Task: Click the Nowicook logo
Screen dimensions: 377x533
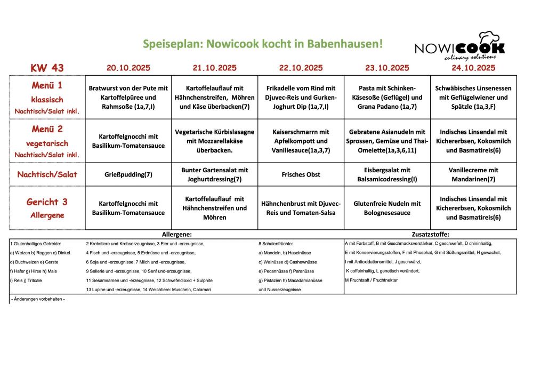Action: click(459, 45)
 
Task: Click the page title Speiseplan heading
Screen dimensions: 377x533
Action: click(262, 44)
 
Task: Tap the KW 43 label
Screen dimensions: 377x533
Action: click(47, 68)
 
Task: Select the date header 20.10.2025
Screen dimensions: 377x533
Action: click(128, 68)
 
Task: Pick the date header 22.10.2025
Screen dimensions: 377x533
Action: click(301, 68)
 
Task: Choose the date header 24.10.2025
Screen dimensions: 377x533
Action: click(473, 68)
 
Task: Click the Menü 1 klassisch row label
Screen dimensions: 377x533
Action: click(47, 98)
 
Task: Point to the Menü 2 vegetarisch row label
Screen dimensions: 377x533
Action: click(47, 141)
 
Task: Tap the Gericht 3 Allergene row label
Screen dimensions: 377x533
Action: click(47, 208)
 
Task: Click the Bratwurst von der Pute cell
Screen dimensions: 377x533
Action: click(128, 98)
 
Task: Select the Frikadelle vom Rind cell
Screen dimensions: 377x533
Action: click(301, 98)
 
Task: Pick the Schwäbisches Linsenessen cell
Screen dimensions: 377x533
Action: click(473, 98)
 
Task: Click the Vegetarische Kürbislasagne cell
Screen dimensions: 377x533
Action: click(215, 141)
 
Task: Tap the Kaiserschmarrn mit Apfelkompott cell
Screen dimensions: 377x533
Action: click(301, 141)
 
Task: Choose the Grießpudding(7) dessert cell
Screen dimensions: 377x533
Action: click(128, 174)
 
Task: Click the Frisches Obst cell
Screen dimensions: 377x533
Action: click(301, 174)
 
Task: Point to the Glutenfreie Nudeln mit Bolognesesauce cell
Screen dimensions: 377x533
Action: click(387, 208)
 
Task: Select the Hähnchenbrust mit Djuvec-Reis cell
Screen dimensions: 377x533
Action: click(301, 208)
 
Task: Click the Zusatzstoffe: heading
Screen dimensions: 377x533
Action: click(431, 234)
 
